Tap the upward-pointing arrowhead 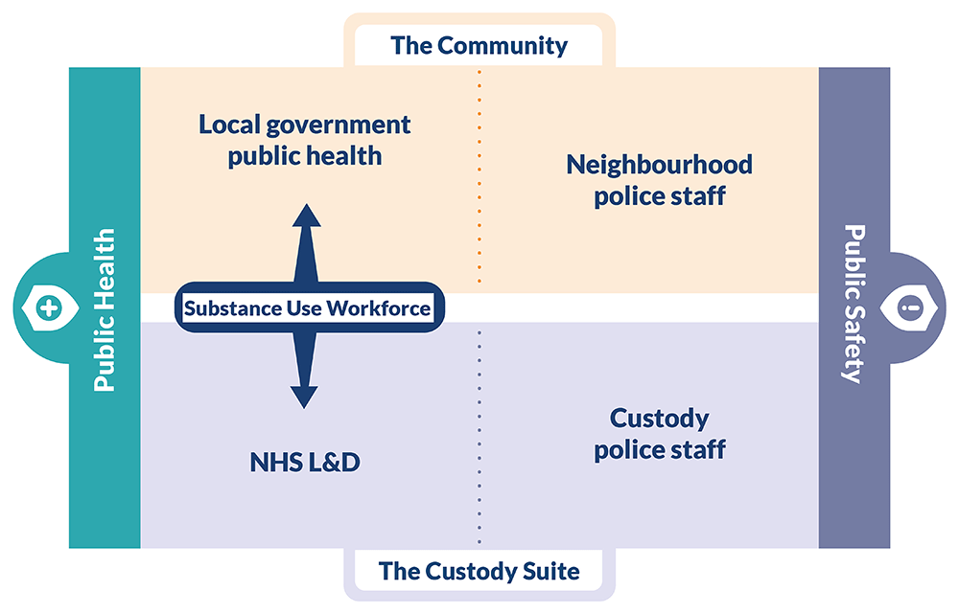pos(306,217)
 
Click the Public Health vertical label pos(105,308)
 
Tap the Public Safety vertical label pos(854,304)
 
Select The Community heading pos(479,45)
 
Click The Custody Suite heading pos(479,572)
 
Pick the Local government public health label pos(305,140)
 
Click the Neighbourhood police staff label pos(659,180)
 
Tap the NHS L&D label pos(305,463)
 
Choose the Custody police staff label pos(660,433)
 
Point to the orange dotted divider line pos(479,177)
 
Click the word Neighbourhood pos(659,165)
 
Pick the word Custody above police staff pos(660,419)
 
